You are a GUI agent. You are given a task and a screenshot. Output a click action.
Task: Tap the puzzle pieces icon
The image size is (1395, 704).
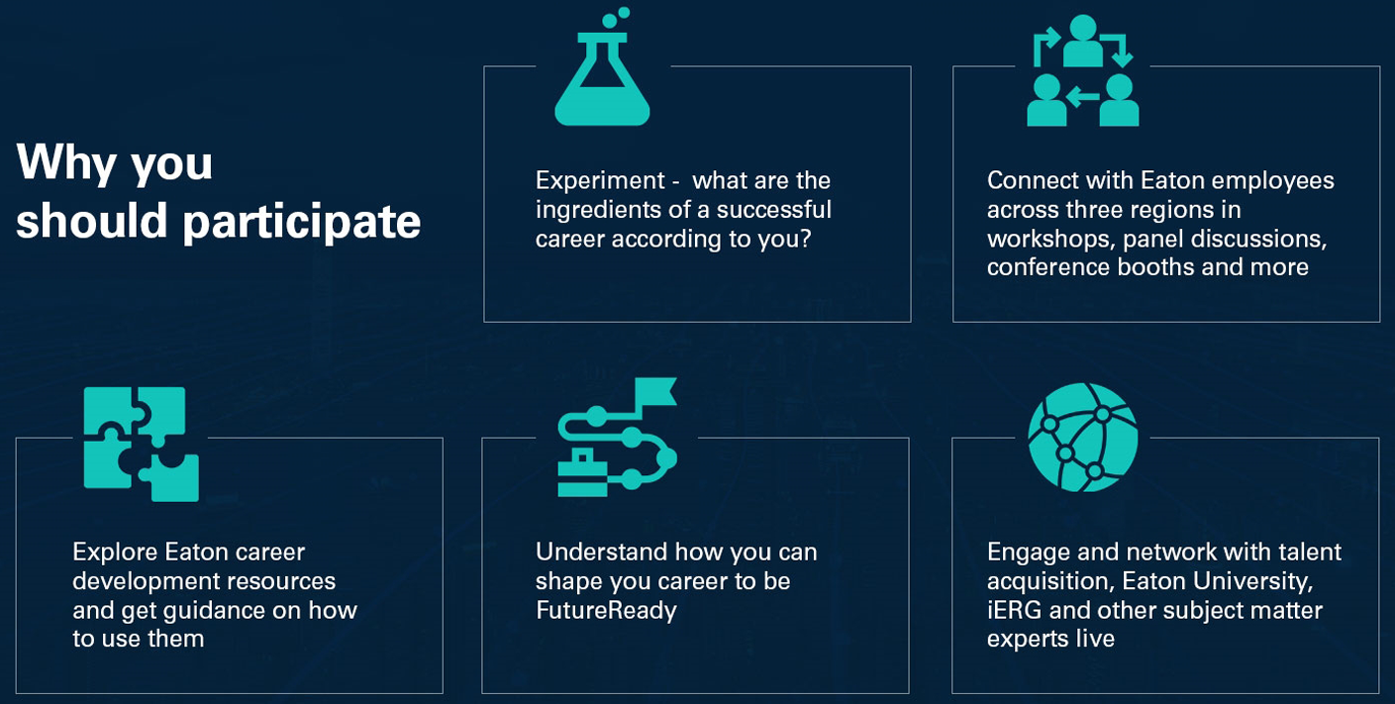(x=142, y=445)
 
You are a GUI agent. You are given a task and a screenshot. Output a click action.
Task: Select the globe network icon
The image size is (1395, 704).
(x=1083, y=438)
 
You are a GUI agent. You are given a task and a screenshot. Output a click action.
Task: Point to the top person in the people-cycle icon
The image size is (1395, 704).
(x=1083, y=41)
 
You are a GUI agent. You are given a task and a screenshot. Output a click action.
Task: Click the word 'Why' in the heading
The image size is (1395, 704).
(x=67, y=163)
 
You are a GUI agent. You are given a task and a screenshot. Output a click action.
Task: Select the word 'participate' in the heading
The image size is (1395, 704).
(x=301, y=222)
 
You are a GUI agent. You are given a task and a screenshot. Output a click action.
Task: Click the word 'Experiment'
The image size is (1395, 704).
(x=600, y=180)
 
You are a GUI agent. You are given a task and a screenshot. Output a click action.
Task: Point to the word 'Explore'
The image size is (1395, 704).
(x=115, y=553)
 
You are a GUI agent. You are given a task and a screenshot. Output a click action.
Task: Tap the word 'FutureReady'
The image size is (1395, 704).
(x=606, y=611)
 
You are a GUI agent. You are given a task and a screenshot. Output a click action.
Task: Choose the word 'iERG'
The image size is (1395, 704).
(x=1015, y=610)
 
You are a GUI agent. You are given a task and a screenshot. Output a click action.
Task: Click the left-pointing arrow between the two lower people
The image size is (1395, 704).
(x=1082, y=97)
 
